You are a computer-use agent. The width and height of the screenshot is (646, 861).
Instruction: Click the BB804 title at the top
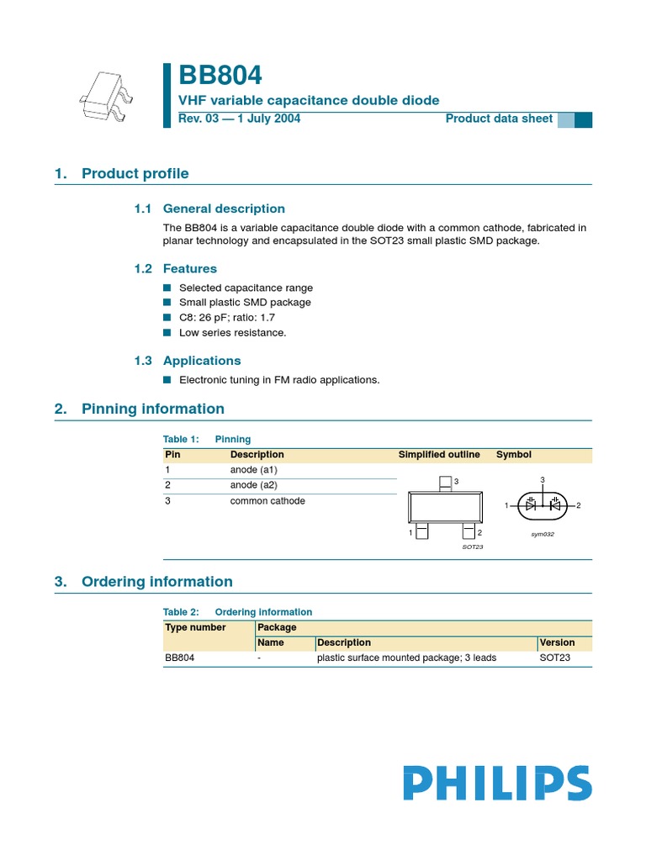pyautogui.click(x=220, y=76)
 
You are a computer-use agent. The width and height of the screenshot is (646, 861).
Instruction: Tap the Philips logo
pyautogui.click(x=496, y=783)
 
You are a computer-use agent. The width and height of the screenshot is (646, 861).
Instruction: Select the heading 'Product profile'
pyautogui.click(x=135, y=174)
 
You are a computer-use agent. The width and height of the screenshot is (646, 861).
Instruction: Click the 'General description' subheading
pyautogui.click(x=224, y=209)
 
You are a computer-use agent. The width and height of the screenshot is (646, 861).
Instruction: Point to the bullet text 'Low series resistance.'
pyautogui.click(x=232, y=333)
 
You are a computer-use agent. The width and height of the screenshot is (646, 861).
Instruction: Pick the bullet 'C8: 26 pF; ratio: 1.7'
pyautogui.click(x=226, y=318)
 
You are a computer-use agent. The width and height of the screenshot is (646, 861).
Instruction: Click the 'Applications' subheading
pyautogui.click(x=202, y=361)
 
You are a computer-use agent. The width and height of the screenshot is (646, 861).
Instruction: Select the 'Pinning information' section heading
pyautogui.click(x=152, y=409)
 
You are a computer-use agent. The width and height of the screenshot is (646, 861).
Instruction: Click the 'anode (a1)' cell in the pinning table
pyautogui.click(x=254, y=470)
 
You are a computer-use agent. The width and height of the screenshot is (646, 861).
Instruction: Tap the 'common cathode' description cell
pyautogui.click(x=267, y=501)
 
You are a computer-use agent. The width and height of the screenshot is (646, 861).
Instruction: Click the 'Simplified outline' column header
pyautogui.click(x=439, y=455)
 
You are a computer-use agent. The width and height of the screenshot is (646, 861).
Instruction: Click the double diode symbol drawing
pyautogui.click(x=543, y=504)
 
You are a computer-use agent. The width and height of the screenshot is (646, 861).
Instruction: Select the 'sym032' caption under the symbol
pyautogui.click(x=542, y=534)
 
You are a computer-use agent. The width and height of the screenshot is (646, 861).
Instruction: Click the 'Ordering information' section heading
pyautogui.click(x=156, y=582)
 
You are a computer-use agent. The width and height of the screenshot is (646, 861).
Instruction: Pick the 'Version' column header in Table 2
pyautogui.click(x=558, y=642)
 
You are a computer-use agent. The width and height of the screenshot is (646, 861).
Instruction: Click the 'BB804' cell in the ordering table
pyautogui.click(x=180, y=658)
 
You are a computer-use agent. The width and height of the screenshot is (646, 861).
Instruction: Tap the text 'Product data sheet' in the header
pyautogui.click(x=499, y=119)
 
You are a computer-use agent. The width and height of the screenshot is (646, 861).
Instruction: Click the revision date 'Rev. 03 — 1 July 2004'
pyautogui.click(x=240, y=119)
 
